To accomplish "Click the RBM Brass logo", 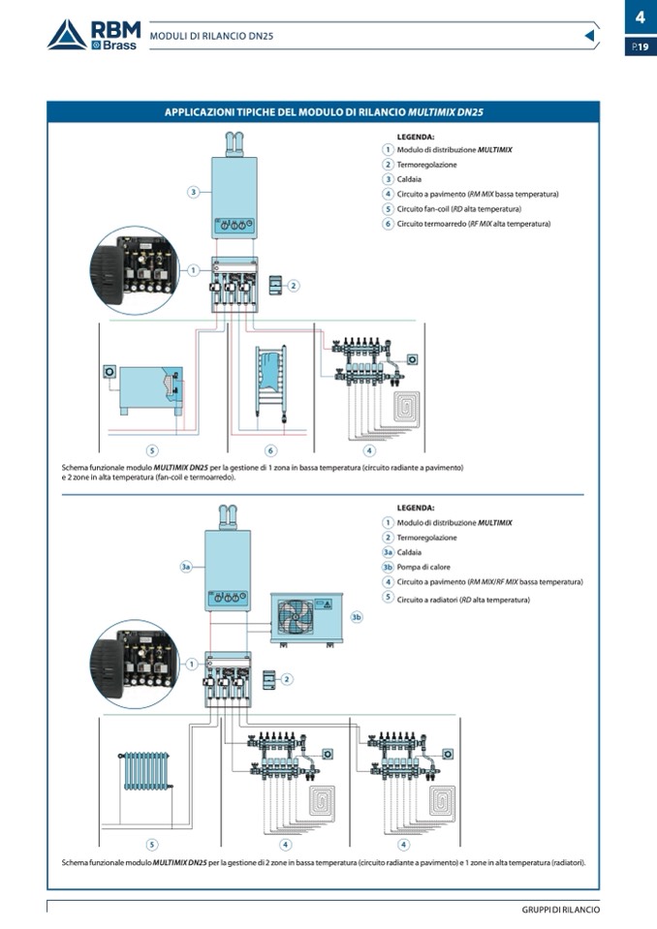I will coord(94,35).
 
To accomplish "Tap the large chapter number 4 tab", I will coord(640,16).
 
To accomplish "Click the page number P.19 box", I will coord(640,46).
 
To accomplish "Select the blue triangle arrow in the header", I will coord(590,36).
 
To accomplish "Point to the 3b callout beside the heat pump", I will coord(357,616).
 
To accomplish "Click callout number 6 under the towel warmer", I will coord(270,450).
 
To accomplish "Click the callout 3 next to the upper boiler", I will coord(194,192).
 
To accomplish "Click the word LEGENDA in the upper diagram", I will coord(416,137).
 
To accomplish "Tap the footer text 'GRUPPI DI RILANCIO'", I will coord(560,910).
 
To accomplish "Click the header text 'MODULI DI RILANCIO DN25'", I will coord(211,36).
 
